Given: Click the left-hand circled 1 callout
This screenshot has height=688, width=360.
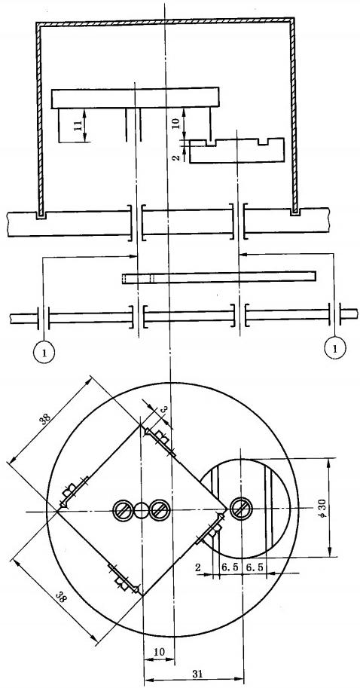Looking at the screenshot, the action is pos(44,351).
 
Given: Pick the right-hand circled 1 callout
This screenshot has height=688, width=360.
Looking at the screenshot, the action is pos(334,348).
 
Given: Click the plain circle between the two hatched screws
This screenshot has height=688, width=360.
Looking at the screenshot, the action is pos(141,510).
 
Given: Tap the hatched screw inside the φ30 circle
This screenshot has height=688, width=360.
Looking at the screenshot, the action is pos(239,509).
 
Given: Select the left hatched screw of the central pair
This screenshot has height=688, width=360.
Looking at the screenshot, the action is pos(123,510).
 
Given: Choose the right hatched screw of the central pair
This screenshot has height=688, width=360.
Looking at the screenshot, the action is pos(159,510).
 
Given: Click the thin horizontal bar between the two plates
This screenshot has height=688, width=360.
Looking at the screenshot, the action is pos(219,278).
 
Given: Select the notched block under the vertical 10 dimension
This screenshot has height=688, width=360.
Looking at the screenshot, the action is pos(236,151).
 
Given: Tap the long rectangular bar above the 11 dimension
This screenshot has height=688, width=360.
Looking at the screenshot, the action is pos(135,98).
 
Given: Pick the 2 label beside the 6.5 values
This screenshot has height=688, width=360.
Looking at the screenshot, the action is pos(198,567).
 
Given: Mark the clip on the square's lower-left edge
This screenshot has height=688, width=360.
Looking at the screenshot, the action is pos(124,578).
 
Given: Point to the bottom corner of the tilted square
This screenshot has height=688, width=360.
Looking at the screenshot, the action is pos(142,595).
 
